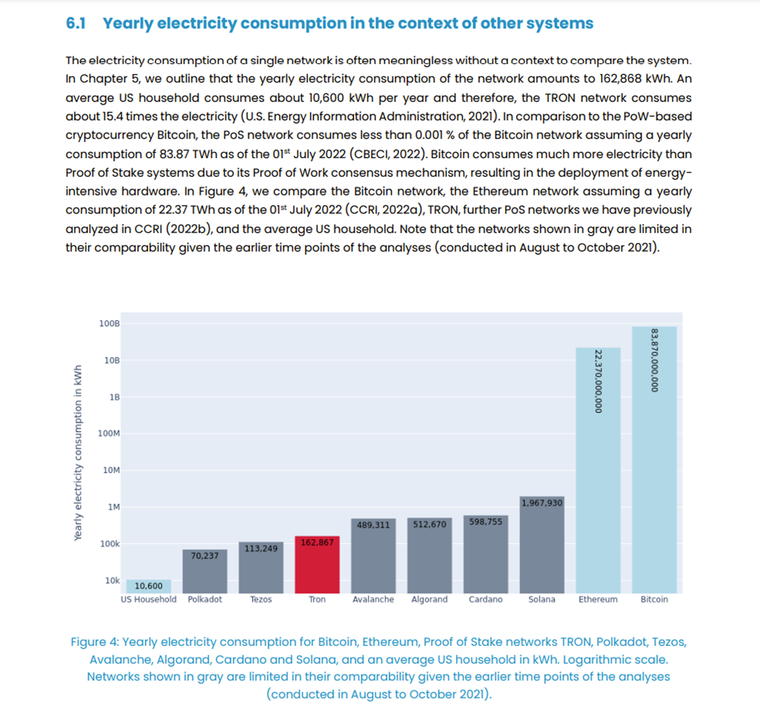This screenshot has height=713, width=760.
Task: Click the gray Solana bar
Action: [x=541, y=549]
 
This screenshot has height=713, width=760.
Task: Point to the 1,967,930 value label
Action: [x=541, y=503]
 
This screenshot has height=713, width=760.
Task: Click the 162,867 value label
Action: [x=316, y=542]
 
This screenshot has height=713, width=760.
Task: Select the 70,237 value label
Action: [x=204, y=556]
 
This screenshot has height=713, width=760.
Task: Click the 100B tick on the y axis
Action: [x=109, y=323]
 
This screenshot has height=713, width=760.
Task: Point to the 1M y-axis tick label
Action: [x=113, y=507]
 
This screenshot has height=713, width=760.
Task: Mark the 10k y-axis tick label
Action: [x=112, y=581]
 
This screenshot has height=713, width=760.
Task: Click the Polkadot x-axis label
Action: [x=205, y=599]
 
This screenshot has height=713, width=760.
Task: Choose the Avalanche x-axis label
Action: [x=373, y=599]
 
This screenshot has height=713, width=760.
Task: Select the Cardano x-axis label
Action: [x=485, y=599]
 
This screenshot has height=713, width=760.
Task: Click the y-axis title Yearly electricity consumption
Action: [x=78, y=454]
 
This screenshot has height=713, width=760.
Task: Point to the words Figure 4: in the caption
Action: [x=94, y=642]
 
